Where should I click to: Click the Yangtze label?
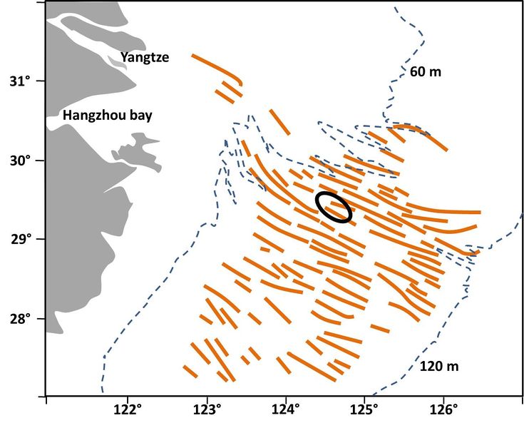(x=145, y=57)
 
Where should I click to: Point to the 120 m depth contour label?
(x=438, y=367)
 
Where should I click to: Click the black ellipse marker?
(x=334, y=207)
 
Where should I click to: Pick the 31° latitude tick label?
(x=26, y=81)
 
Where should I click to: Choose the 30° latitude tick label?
(x=26, y=160)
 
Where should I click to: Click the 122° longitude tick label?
(x=128, y=413)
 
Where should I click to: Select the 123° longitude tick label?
(x=207, y=413)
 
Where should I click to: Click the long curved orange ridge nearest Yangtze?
(x=217, y=67)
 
